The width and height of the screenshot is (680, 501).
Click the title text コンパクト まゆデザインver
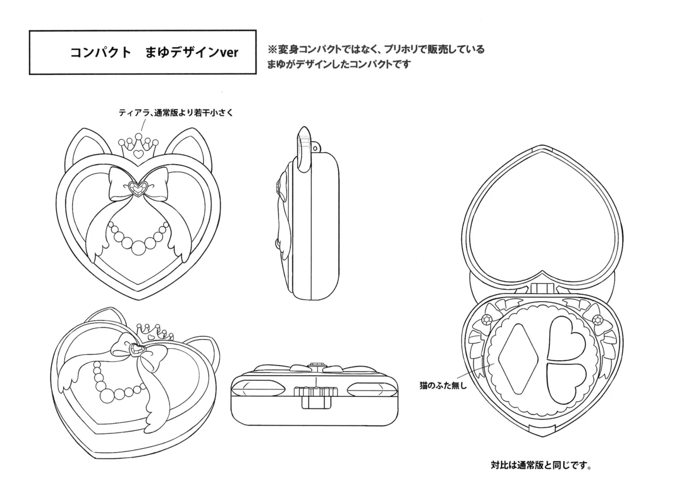(154, 53)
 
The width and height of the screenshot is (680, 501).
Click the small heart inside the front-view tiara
(138, 154)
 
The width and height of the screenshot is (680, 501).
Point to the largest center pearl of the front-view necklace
(138, 248)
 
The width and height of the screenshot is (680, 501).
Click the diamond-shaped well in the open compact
(518, 359)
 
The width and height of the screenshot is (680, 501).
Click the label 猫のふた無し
(443, 386)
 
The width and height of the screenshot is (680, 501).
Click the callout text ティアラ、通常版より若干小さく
(176, 113)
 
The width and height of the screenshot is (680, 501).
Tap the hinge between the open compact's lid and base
(542, 288)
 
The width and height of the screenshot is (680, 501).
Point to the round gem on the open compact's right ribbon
(598, 319)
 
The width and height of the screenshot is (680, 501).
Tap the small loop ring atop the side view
(316, 148)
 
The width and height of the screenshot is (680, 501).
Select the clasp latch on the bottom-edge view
(316, 397)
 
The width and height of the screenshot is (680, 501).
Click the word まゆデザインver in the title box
(192, 53)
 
